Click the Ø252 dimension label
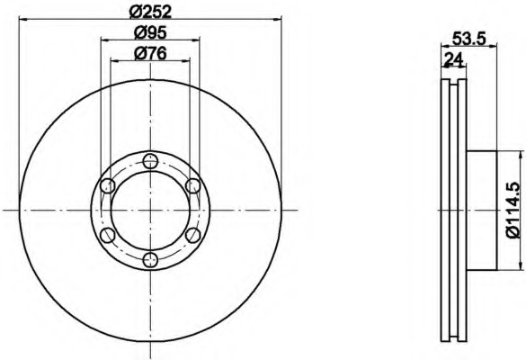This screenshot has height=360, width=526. pyautogui.click(x=150, y=12)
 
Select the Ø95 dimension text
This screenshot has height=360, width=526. pyautogui.click(x=150, y=33)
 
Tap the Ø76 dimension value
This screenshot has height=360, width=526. pyautogui.click(x=150, y=53)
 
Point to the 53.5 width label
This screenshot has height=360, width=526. pyautogui.click(x=469, y=39)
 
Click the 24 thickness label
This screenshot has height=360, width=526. pyautogui.click(x=453, y=59)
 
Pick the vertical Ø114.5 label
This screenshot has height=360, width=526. pyautogui.click(x=513, y=210)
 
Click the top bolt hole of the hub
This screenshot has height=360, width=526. pyautogui.click(x=150, y=161)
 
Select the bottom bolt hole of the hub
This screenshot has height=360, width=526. pyautogui.click(x=150, y=259)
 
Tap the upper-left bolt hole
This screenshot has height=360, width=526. pyautogui.click(x=108, y=185)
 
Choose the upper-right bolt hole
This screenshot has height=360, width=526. pyautogui.click(x=193, y=185)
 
